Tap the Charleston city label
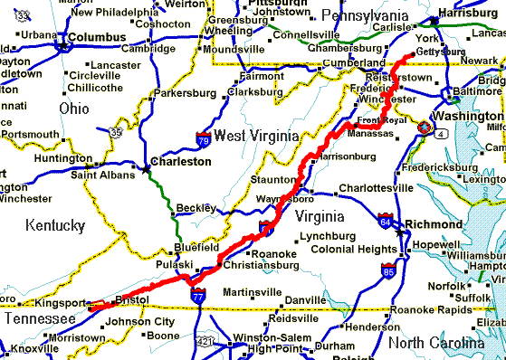click(181, 162)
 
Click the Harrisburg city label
click(467, 14)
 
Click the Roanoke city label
click(272, 254)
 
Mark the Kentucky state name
click(54, 224)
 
